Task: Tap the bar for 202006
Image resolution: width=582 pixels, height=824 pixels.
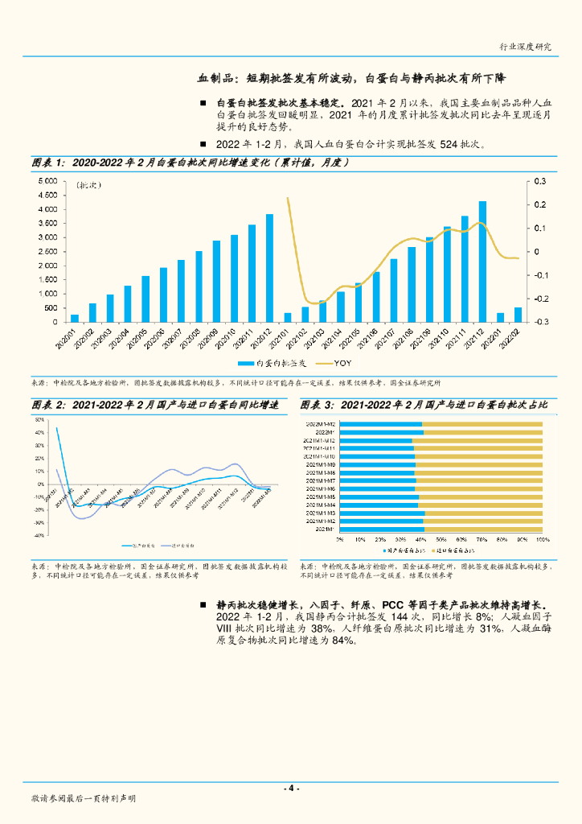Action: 163,295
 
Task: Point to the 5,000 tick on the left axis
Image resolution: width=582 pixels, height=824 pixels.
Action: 47,181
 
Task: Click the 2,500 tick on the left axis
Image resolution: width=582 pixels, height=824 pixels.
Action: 47,252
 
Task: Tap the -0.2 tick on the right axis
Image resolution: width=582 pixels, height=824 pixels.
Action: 541,299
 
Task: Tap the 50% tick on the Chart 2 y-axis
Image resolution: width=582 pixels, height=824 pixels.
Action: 38,420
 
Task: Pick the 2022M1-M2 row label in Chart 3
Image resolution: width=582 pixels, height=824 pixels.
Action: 320,424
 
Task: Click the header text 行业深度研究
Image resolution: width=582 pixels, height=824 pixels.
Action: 526,47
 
